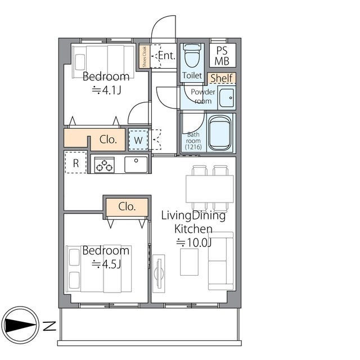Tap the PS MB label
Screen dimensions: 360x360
click(x=222, y=56)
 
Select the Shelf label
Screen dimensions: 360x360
click(x=222, y=78)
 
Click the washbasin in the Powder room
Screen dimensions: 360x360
click(x=227, y=98)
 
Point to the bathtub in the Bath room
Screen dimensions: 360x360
click(x=220, y=133)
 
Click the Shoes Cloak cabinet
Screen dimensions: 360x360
click(x=145, y=56)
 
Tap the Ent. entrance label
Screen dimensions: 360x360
click(x=167, y=55)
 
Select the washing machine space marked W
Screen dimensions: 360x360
click(x=138, y=140)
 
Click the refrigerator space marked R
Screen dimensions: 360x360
click(x=76, y=163)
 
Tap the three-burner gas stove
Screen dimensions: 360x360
click(x=105, y=165)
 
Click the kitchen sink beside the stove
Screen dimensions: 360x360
click(x=136, y=164)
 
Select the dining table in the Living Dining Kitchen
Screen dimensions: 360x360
click(x=210, y=189)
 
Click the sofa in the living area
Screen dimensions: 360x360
click(x=220, y=261)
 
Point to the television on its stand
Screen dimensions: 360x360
click(x=159, y=273)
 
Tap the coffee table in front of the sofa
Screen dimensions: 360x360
click(x=189, y=262)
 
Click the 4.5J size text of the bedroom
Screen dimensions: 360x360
click(x=106, y=264)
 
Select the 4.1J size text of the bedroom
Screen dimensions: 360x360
click(x=106, y=90)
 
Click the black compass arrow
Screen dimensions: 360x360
click(x=20, y=325)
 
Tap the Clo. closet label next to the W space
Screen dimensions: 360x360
click(x=108, y=139)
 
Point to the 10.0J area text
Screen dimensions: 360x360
click(x=193, y=242)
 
